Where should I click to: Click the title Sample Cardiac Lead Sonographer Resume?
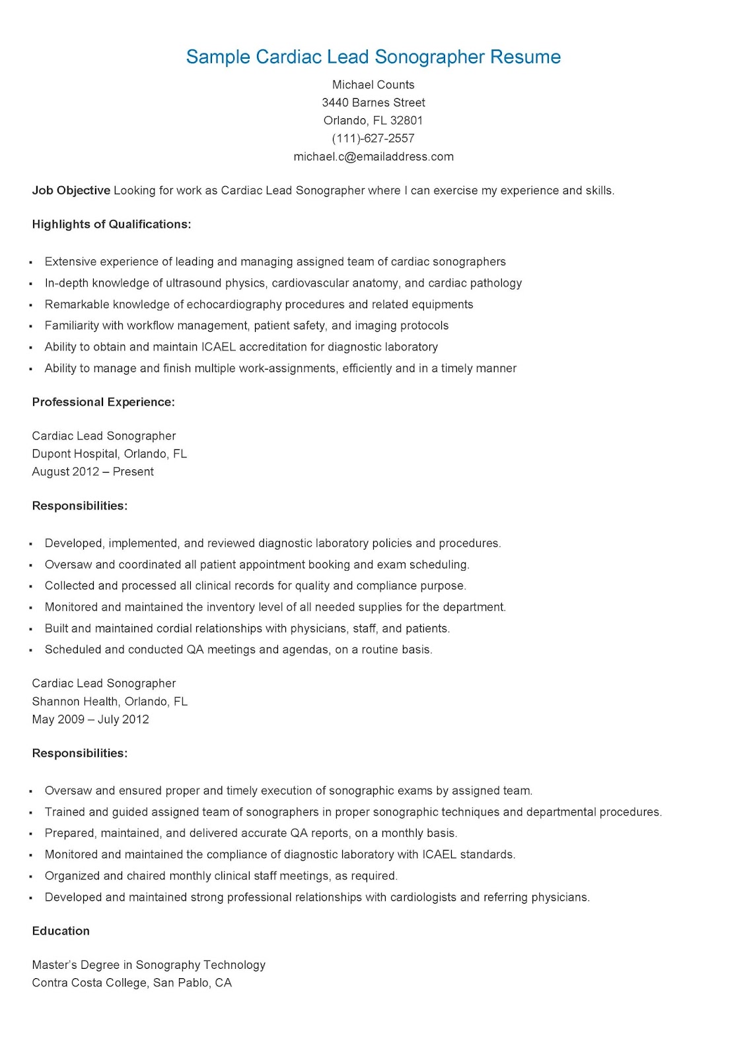tap(373, 57)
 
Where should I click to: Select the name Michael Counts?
tap(373, 84)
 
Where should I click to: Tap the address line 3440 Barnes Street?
tap(373, 102)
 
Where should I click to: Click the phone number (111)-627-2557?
tap(373, 138)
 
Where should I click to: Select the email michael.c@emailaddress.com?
tap(373, 156)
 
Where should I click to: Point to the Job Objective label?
tap(71, 190)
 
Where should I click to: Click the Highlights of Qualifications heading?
tap(111, 224)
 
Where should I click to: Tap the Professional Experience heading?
tap(103, 402)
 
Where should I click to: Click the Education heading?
tap(61, 931)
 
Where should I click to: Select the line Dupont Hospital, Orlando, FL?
tap(109, 453)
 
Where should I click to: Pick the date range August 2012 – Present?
tap(92, 471)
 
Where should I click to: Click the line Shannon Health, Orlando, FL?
tap(110, 701)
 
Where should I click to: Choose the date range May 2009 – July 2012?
tap(90, 719)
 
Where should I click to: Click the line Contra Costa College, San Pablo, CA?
tap(131, 982)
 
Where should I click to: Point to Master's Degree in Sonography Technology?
tap(149, 964)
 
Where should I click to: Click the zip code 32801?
tap(406, 120)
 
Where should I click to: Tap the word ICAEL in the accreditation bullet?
tap(219, 346)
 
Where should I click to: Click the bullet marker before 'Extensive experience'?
tap(31, 263)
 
